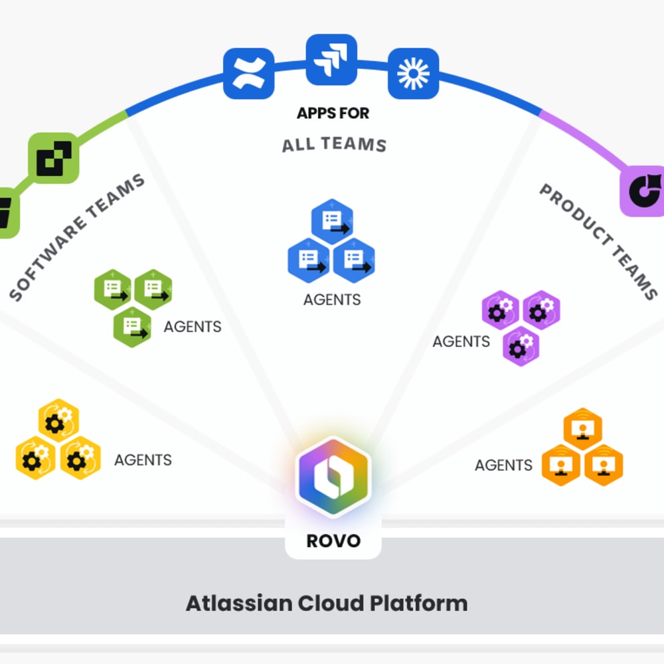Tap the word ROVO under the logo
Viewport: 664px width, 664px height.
pos(333,540)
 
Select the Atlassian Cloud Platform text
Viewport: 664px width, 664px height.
pos(327,604)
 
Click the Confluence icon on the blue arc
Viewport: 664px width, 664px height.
pos(249,73)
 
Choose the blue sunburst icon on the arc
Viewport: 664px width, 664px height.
pos(413,73)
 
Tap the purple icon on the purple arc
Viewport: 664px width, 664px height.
pos(643,191)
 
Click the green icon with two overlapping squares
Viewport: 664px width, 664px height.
pos(53,158)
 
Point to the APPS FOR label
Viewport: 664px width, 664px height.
pos(333,114)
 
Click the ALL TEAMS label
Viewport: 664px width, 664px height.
pos(334,144)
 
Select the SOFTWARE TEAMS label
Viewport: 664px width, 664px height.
pos(78,237)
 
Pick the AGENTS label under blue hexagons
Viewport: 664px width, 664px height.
pos(332,300)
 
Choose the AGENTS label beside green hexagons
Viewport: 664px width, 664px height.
pos(193,327)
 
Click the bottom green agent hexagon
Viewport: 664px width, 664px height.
pos(132,327)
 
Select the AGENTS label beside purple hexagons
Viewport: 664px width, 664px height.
pos(461,342)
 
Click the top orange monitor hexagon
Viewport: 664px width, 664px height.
pos(582,429)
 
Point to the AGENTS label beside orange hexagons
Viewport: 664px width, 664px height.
pos(503,465)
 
